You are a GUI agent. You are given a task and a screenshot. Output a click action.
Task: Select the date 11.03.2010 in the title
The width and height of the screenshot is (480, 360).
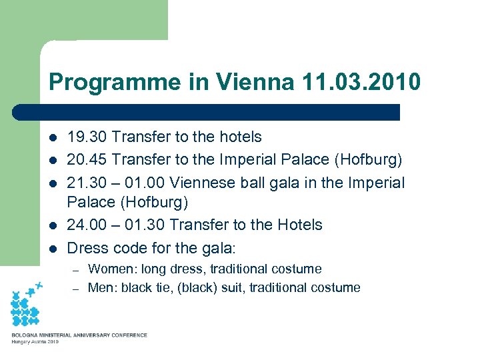click(361, 82)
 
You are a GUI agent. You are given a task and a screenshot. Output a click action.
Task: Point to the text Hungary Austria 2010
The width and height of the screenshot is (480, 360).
click(35, 341)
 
